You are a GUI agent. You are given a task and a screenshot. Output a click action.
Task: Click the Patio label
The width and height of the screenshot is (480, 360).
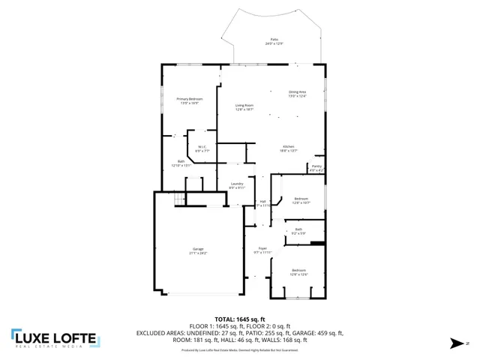pos(274,40)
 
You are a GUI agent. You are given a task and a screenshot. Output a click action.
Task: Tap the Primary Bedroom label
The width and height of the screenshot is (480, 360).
pos(190,100)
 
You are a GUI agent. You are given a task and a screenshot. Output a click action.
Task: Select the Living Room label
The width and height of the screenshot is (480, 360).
pos(244,107)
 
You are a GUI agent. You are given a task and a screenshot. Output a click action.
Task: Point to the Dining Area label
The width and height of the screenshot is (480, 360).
pos(298,94)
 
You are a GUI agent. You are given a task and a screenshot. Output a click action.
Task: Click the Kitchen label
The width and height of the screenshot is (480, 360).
pos(288,148)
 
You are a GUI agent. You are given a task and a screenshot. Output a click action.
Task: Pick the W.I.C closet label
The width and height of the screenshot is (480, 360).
pos(202,148)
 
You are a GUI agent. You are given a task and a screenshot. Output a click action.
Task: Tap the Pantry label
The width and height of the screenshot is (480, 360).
pos(316,168)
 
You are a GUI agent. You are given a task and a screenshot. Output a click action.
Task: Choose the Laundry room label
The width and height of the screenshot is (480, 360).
pos(237,185)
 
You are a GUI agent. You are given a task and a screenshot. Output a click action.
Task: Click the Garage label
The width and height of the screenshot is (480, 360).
pos(198,252)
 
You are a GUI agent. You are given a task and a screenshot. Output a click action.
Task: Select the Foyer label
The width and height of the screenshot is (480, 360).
pos(262,250)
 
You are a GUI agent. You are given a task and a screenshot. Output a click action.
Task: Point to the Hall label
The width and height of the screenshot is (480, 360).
pos(262,202)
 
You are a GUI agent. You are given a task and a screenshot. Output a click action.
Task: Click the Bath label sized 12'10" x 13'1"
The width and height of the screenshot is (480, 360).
pos(181,163)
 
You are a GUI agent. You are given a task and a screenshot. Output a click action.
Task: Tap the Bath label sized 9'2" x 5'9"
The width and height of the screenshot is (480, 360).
pos(298,231)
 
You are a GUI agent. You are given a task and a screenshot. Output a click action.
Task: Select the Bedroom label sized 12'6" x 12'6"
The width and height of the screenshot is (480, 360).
pos(298,271)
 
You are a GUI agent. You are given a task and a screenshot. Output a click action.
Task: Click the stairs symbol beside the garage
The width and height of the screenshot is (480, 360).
pos(179,198)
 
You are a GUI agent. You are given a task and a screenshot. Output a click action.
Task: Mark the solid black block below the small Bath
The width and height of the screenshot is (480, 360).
pos(317,243)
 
